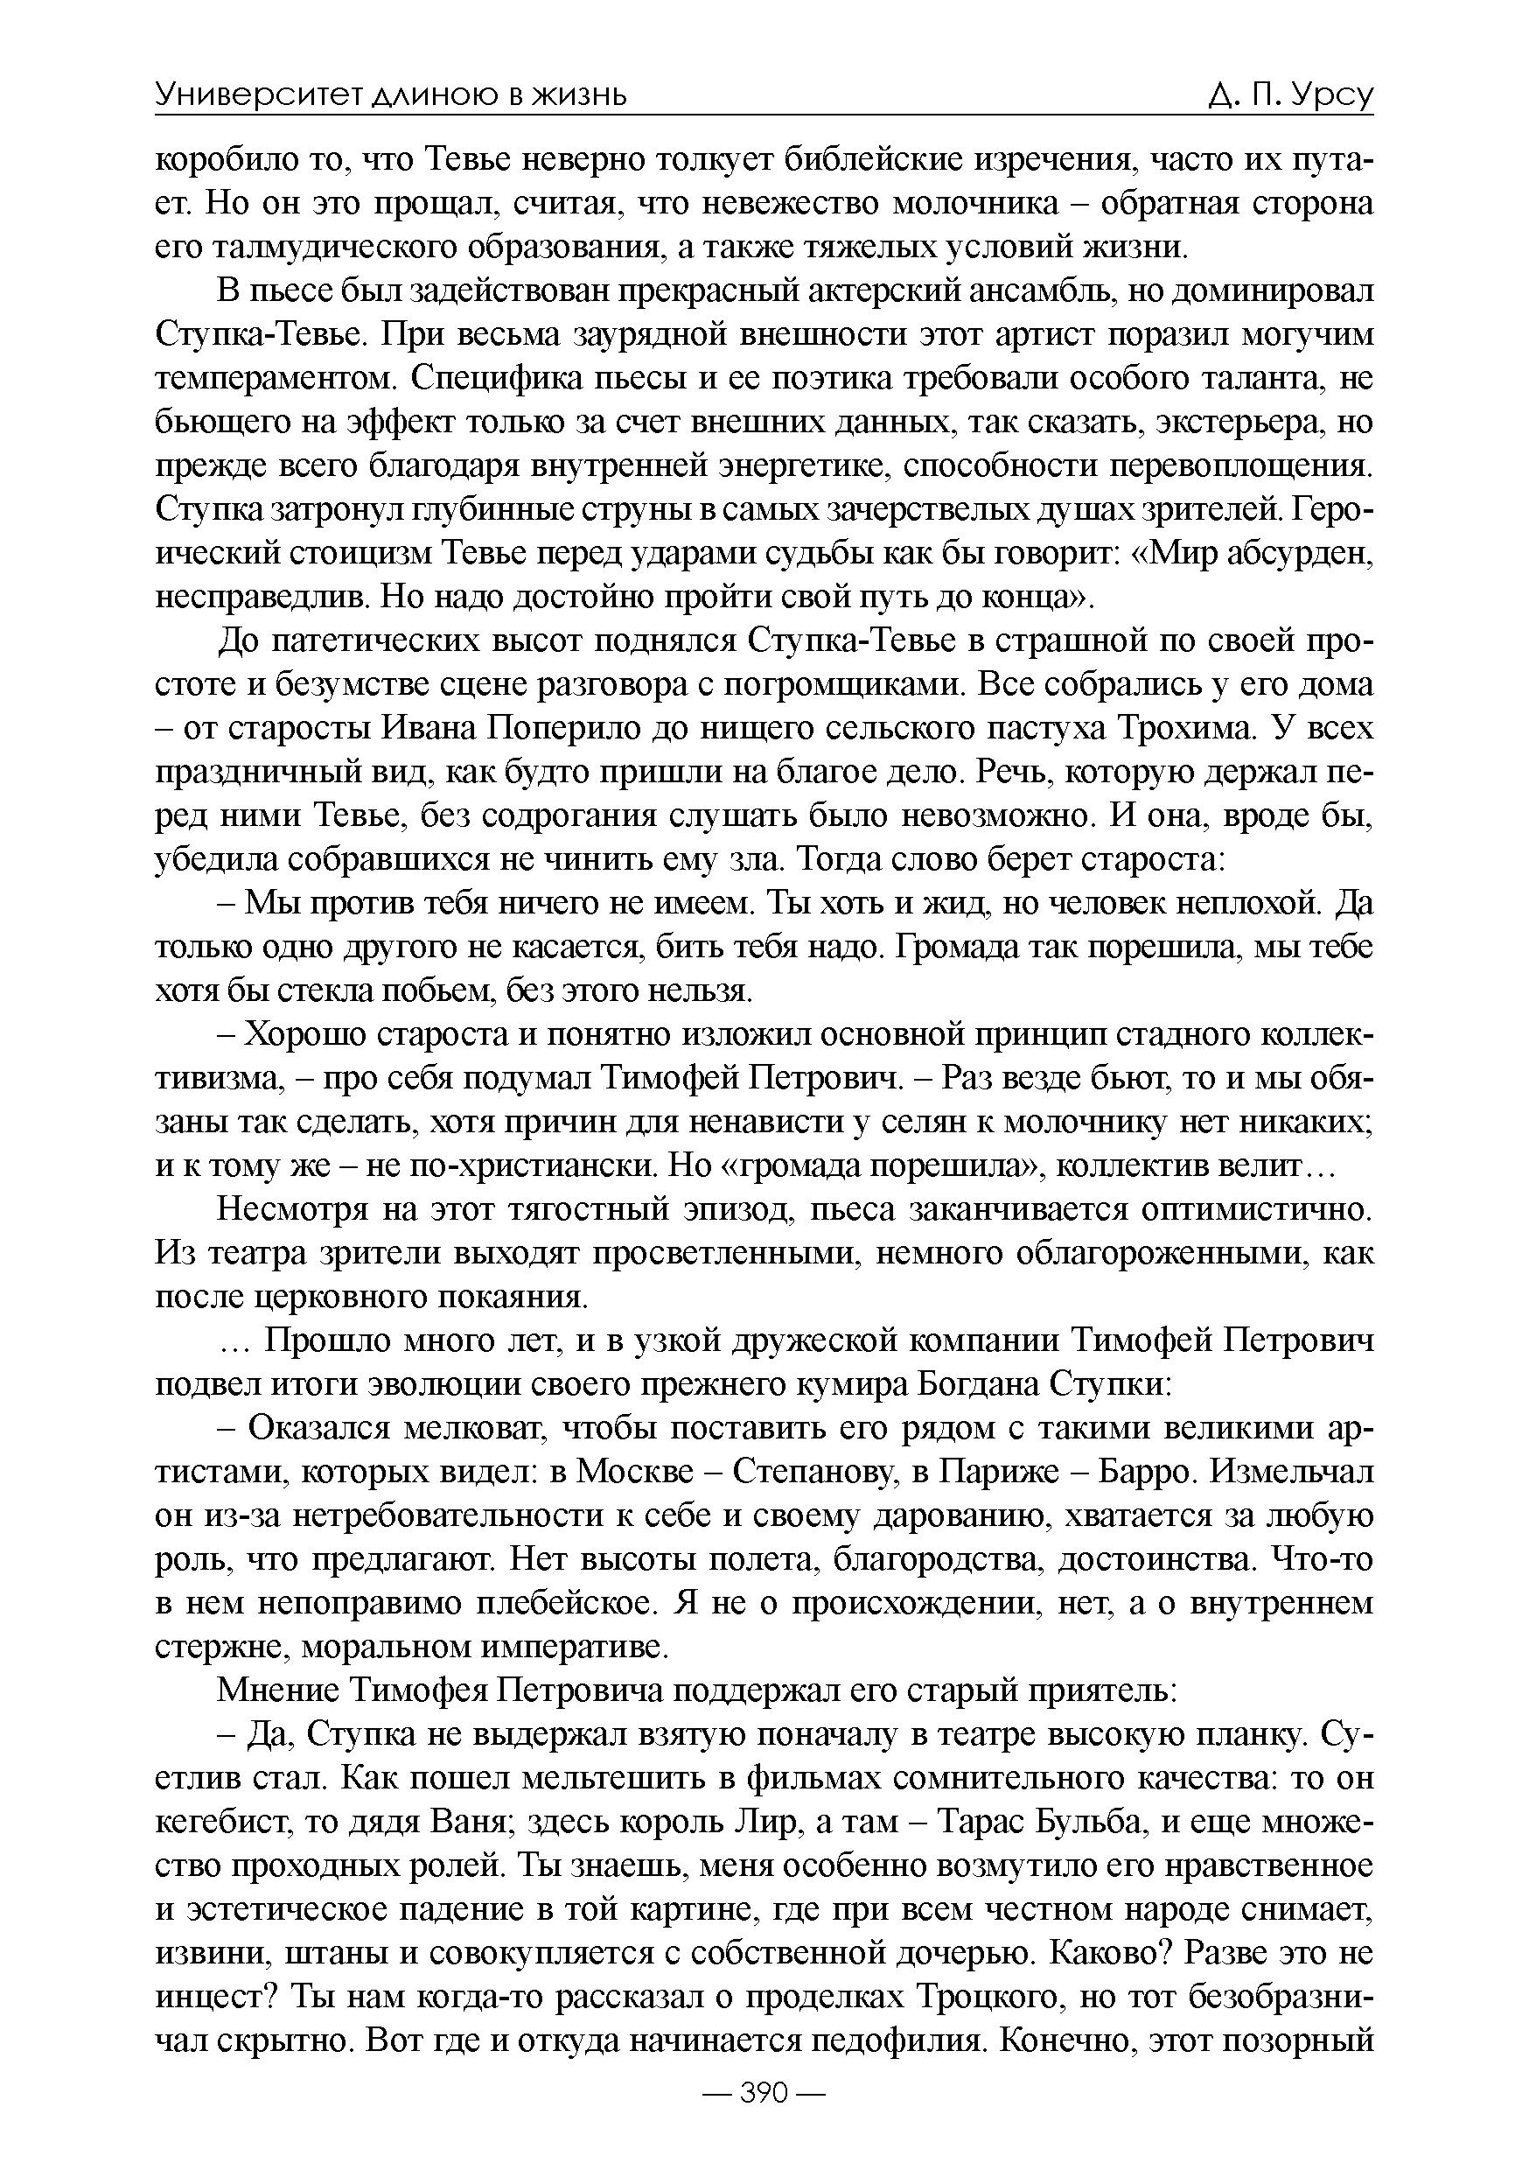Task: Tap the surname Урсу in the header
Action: coord(1330,95)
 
